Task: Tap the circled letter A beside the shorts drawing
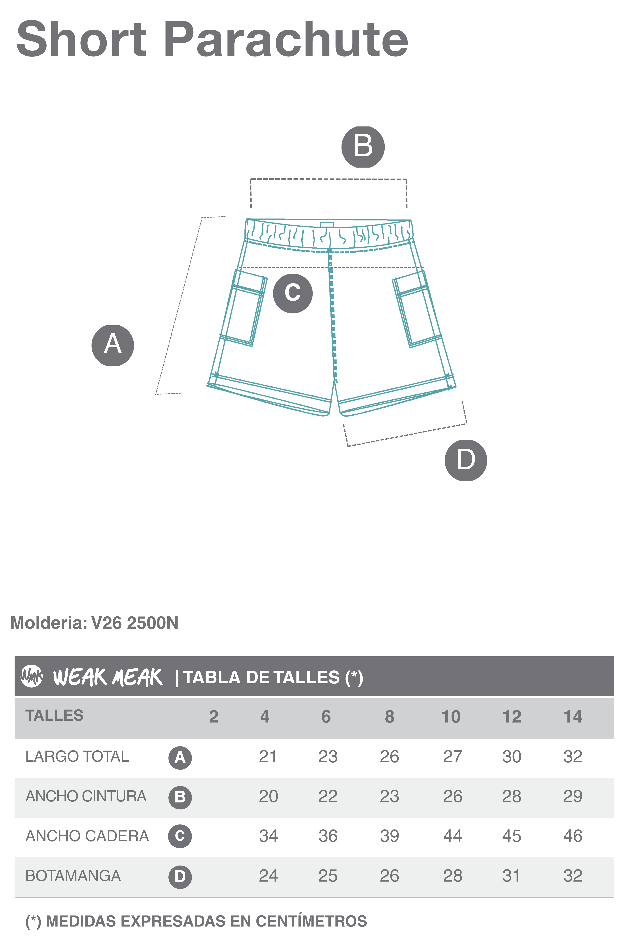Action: [113, 345]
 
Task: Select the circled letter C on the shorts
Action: [293, 293]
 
